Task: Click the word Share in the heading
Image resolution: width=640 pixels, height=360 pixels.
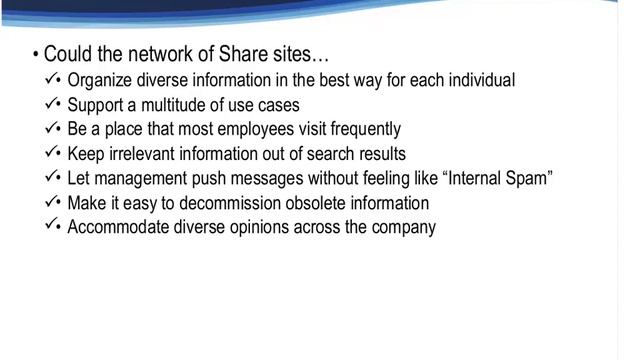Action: [231, 53]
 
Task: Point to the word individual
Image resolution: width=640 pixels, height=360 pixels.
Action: [480, 80]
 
